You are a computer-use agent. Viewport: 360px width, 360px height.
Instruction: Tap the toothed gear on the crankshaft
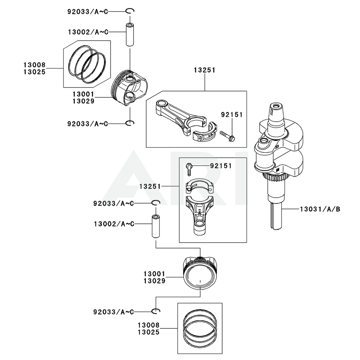pos(276,177)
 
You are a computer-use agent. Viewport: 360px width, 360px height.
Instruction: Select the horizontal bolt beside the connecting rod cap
pos(228,136)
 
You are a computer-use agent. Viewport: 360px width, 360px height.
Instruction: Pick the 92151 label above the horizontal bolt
pos(232,115)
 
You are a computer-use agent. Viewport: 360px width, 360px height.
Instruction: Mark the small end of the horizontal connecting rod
pos(160,105)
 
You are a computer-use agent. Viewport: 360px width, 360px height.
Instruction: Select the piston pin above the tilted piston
pos(130,35)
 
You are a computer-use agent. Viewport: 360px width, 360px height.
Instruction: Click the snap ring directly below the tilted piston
pos(130,123)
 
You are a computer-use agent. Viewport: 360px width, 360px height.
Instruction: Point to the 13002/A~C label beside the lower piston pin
pos(114,224)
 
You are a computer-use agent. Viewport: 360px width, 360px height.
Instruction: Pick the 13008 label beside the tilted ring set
pos(35,65)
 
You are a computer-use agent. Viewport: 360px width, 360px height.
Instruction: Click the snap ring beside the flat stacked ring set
pos(156,311)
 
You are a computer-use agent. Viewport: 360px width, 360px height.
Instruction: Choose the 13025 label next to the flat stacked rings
pos(148,332)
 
